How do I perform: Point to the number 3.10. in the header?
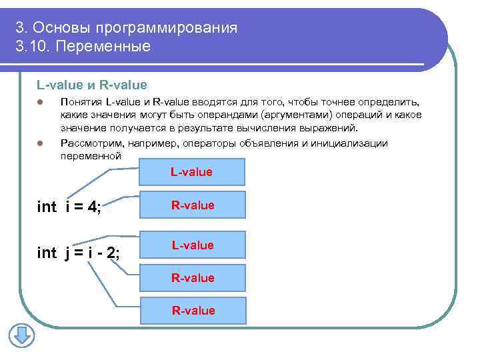coord(33,47)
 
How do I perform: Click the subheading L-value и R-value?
coord(91,85)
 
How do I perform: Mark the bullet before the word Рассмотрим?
coord(40,144)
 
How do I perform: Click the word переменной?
coord(91,155)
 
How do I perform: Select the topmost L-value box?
coord(192,172)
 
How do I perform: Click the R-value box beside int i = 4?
coord(192,205)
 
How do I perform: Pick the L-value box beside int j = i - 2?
coord(192,245)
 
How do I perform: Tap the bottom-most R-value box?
coord(192,310)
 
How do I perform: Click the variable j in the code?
coord(68,253)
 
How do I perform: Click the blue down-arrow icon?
coord(21,336)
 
